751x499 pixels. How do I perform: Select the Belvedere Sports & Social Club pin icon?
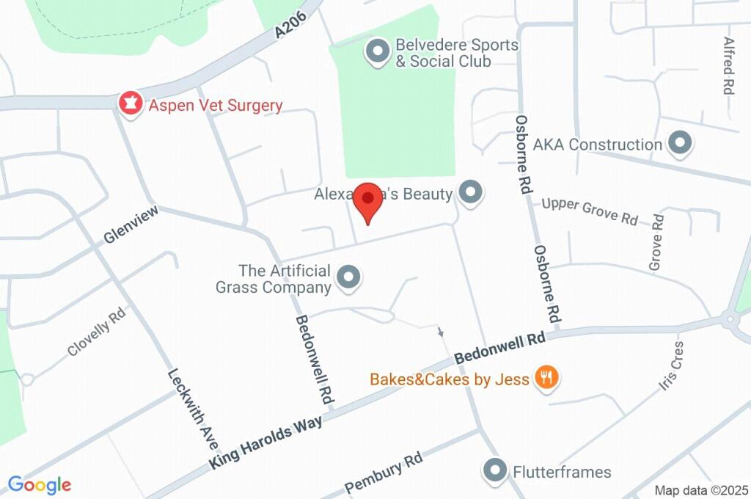point(378,52)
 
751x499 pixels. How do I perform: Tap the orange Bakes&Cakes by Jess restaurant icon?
point(546,378)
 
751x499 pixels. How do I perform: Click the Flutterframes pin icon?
point(496,470)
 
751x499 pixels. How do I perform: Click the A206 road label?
point(288,29)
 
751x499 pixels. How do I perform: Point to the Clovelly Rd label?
point(97,332)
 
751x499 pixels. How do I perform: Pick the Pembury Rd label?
point(384,474)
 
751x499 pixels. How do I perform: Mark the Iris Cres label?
point(670,365)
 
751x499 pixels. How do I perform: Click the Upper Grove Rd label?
point(590,211)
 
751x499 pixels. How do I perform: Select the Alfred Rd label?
point(728,66)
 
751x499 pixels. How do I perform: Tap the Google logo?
point(40,484)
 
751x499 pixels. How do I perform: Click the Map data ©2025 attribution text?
point(701,490)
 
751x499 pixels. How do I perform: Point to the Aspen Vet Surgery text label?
point(215,105)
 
